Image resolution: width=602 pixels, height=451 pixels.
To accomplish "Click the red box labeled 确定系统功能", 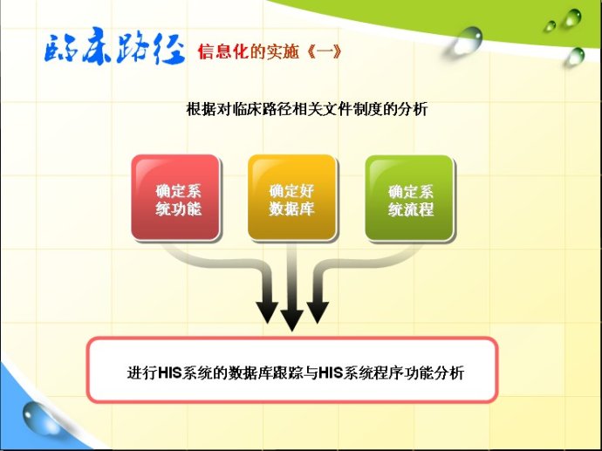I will click(174, 198).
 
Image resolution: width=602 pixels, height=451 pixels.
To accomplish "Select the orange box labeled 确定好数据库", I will click(291, 198).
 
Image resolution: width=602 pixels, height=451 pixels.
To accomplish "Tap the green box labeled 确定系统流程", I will click(409, 198).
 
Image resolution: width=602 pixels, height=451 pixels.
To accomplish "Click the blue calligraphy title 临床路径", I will click(114, 50).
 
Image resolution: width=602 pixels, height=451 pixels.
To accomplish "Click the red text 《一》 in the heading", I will click(325, 51).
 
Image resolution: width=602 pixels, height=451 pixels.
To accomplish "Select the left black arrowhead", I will click(268, 310).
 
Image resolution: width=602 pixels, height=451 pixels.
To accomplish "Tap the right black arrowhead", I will click(317, 310).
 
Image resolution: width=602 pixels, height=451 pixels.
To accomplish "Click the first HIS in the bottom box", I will click(170, 372).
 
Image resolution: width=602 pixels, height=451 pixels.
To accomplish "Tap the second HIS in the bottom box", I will click(332, 372).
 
